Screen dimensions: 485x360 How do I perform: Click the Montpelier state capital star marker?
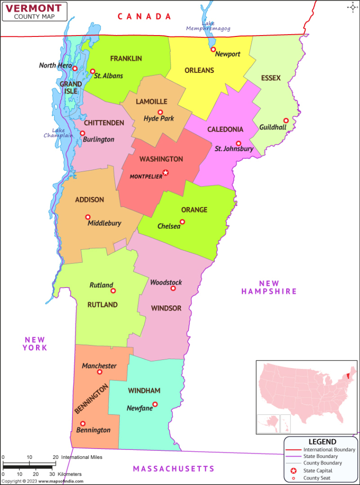click(x=165, y=173)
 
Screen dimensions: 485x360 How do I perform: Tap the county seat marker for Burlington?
click(x=82, y=134)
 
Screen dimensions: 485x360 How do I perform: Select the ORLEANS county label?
click(x=199, y=71)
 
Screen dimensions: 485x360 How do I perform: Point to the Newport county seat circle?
click(x=213, y=49)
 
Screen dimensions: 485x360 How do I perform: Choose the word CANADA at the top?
click(x=144, y=17)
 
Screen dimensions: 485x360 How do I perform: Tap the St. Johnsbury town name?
click(x=234, y=149)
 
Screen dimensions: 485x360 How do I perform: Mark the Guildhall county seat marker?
click(x=286, y=120)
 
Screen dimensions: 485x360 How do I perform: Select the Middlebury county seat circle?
click(x=88, y=217)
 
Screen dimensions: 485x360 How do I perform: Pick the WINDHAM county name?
click(x=144, y=391)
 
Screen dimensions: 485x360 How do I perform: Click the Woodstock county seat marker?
click(x=173, y=288)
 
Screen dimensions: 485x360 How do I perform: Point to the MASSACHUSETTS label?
click(x=173, y=468)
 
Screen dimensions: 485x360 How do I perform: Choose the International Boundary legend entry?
click(x=329, y=449)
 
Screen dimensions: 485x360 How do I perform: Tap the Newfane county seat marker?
click(x=154, y=404)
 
